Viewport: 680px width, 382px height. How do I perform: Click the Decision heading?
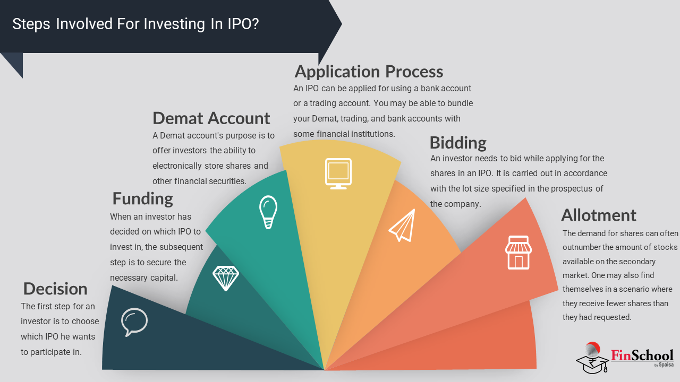(x=55, y=289)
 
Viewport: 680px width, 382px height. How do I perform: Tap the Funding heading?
(x=143, y=199)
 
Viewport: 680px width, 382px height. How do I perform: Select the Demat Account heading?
(x=211, y=118)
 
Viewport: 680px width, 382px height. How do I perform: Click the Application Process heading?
(x=369, y=72)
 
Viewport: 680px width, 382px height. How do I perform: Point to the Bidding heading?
(x=458, y=143)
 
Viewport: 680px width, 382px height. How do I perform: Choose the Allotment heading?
(x=599, y=215)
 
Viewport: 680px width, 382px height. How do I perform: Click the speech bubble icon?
(x=134, y=322)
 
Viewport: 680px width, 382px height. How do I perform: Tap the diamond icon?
(x=226, y=279)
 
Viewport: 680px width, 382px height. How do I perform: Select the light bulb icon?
(x=268, y=212)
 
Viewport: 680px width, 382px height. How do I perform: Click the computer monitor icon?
(x=338, y=173)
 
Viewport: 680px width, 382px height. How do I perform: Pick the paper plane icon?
(x=402, y=225)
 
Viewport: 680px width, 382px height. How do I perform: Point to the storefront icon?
(x=518, y=252)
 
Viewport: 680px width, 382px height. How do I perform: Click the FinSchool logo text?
(x=642, y=355)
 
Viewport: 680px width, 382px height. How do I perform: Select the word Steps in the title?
(x=31, y=24)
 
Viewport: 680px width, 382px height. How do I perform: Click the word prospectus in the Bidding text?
(x=572, y=189)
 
